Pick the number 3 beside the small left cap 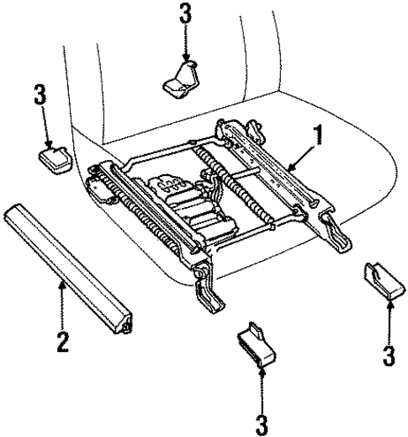pyautogui.click(x=38, y=95)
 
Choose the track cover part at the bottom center pyautogui.click(x=257, y=343)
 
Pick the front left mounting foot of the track pyautogui.click(x=205, y=291)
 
